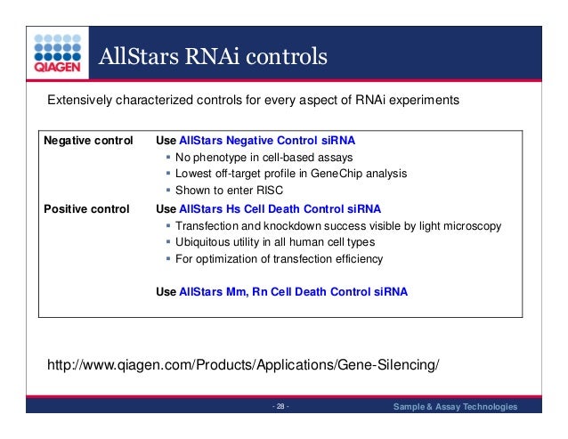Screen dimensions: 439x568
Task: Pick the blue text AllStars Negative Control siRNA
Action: [x=272, y=141]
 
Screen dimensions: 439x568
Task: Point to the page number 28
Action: [x=280, y=407]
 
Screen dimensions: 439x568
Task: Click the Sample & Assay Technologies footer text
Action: [x=455, y=407]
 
